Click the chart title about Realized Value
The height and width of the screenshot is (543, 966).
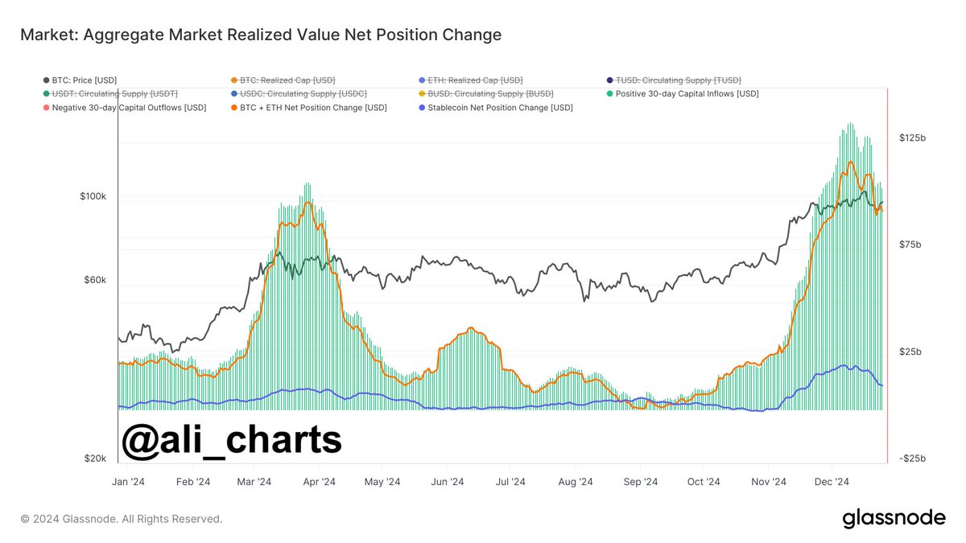point(260,35)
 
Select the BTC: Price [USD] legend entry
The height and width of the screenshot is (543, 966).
point(80,80)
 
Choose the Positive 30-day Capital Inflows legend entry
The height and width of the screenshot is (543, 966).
point(683,93)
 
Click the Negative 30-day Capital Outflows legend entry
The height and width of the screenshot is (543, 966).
point(124,107)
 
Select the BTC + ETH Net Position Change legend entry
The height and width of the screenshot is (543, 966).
point(308,107)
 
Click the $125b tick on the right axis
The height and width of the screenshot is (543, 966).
point(912,138)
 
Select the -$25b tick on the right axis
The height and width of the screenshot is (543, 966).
point(912,459)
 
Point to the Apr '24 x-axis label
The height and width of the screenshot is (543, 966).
point(319,482)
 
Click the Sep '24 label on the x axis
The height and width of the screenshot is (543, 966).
point(641,482)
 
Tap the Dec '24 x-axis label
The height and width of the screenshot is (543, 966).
point(832,482)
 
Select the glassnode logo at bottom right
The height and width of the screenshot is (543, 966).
point(894,519)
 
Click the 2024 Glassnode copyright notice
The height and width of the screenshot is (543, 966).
point(122,519)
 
